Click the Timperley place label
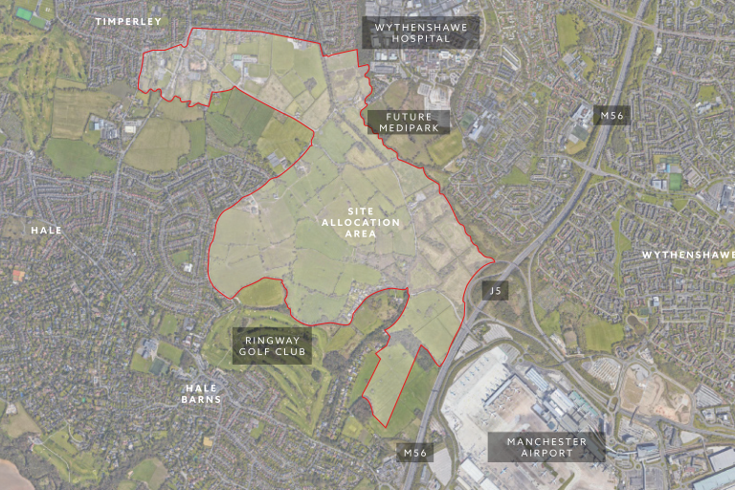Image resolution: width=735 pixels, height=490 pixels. pyautogui.click(x=129, y=21)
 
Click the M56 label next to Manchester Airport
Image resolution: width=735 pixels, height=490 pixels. pyautogui.click(x=414, y=452)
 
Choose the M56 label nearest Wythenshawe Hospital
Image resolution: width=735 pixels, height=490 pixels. pyautogui.click(x=610, y=116)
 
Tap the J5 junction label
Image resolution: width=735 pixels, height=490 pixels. pyautogui.click(x=494, y=290)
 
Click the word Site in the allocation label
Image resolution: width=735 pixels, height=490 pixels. pyautogui.click(x=361, y=212)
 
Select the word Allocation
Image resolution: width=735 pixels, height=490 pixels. pyautogui.click(x=361, y=223)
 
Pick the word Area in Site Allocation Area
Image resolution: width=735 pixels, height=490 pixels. pyautogui.click(x=361, y=234)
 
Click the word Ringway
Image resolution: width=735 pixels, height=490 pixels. pyautogui.click(x=272, y=340)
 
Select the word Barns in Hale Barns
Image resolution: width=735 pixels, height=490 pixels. pyautogui.click(x=203, y=399)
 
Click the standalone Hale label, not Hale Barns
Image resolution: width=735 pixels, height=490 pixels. pyautogui.click(x=46, y=231)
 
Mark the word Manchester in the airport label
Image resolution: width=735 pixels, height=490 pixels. pyautogui.click(x=546, y=441)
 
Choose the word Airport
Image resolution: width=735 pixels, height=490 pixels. pyautogui.click(x=546, y=453)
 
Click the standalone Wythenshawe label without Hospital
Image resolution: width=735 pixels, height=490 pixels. pyautogui.click(x=687, y=256)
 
